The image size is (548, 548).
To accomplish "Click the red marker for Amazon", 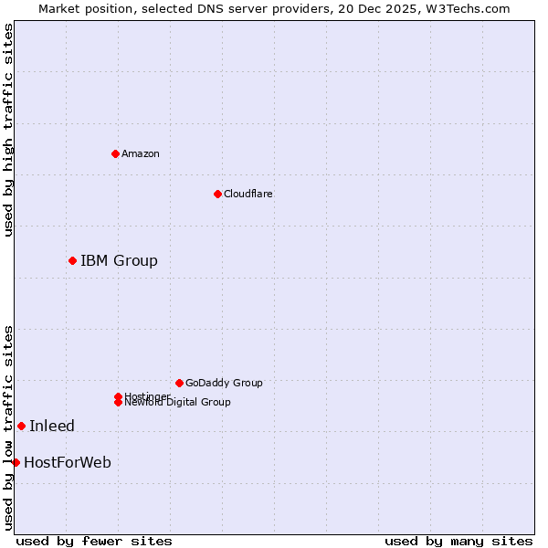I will (x=115, y=153).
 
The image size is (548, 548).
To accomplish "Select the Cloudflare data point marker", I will (x=217, y=194).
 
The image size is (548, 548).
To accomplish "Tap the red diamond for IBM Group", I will (x=72, y=261).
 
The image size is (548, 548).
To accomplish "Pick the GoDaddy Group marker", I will (x=179, y=383).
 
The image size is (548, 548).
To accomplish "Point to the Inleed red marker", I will (x=21, y=426).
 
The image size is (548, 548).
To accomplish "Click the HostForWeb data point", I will (x=16, y=462).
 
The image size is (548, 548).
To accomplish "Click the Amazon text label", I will (x=141, y=153).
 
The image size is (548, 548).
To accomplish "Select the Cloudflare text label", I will (x=248, y=194).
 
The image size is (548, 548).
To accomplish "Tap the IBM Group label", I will (x=119, y=261).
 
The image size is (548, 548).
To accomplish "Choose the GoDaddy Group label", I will (x=224, y=383).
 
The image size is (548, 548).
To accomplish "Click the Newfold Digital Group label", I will (x=178, y=403).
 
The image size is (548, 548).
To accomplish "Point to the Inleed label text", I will (x=52, y=426).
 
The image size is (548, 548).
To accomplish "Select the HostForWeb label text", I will (x=68, y=462).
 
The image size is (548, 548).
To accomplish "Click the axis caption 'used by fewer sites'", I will (x=94, y=541).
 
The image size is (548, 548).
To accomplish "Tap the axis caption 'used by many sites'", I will (x=458, y=541).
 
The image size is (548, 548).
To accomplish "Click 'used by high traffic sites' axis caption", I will (x=8, y=130).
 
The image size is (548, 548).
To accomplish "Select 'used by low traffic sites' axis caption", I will (x=8, y=427).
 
